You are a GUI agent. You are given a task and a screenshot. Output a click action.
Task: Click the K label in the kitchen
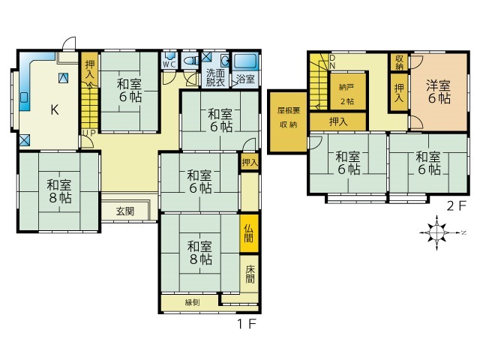(x=54, y=109)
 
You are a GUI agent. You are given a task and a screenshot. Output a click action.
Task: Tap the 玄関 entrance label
(x=125, y=211)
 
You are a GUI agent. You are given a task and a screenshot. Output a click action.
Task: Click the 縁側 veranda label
(x=193, y=302)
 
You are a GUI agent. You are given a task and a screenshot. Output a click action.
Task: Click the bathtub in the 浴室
(x=245, y=62)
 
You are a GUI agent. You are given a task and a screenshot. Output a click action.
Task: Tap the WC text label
(x=169, y=64)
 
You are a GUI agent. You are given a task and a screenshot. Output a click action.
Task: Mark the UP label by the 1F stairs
(x=88, y=133)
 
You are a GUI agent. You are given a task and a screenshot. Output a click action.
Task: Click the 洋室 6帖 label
(x=439, y=91)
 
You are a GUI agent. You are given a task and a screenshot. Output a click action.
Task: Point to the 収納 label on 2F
(x=399, y=61)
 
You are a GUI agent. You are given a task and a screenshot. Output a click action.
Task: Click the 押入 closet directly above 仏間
(x=249, y=161)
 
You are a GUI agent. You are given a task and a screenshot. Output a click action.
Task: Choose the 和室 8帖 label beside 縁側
(x=199, y=253)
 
